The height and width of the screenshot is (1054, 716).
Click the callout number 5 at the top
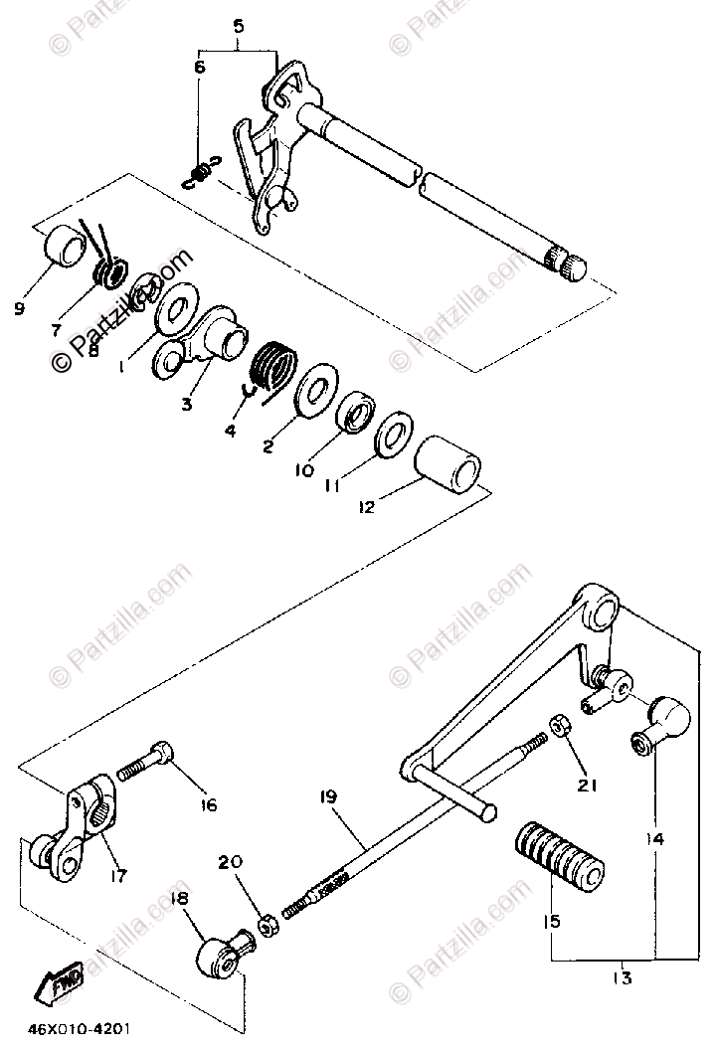click(238, 28)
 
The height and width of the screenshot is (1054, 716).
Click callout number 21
click(588, 786)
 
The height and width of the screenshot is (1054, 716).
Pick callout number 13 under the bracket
click(624, 978)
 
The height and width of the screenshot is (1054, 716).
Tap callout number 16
click(208, 805)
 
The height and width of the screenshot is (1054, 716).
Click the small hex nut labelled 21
click(561, 726)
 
